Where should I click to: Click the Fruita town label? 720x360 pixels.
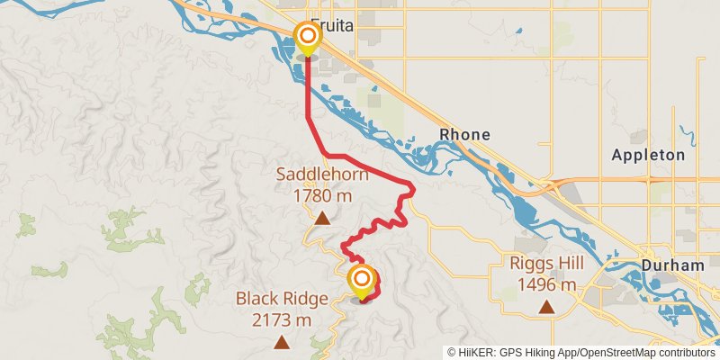(332, 27)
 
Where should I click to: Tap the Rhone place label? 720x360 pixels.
(464, 135)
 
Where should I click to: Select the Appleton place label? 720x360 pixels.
(648, 155)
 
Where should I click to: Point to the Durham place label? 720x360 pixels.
(673, 265)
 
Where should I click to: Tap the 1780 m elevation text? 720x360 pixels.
(321, 195)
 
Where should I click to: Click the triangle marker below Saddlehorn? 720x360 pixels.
(321, 217)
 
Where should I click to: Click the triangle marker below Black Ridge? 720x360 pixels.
(283, 341)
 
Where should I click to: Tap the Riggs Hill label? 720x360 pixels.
(545, 264)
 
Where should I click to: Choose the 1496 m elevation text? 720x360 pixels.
(545, 284)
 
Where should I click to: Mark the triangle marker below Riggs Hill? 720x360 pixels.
(545, 307)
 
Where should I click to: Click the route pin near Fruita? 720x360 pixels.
(307, 38)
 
